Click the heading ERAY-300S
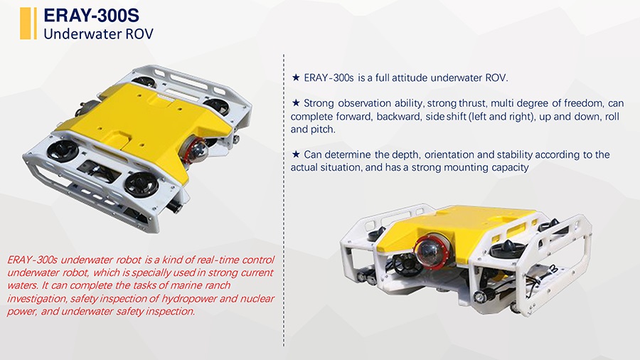click(92, 16)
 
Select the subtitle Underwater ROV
click(98, 34)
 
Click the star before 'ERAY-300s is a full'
click(296, 78)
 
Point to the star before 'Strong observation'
click(296, 103)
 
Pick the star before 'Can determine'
click(296, 154)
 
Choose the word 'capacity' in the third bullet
click(510, 167)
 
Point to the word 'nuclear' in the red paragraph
click(257, 298)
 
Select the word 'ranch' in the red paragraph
click(218, 285)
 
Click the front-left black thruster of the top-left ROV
click(62, 150)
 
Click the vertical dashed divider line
click(284, 200)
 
